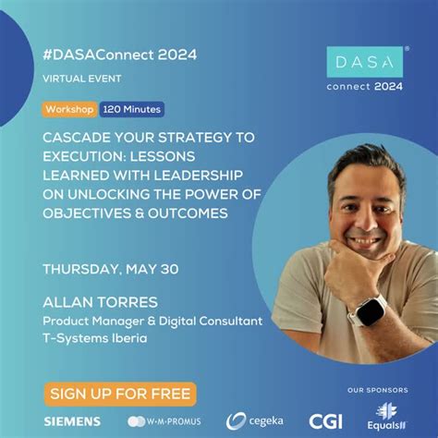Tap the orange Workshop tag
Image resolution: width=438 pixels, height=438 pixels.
pyautogui.click(x=69, y=109)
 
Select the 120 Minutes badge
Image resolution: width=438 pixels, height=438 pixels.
pyautogui.click(x=131, y=109)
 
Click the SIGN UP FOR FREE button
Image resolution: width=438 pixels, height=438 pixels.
pyautogui.click(x=119, y=394)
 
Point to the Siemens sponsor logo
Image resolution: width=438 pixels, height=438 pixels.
pyautogui.click(x=72, y=421)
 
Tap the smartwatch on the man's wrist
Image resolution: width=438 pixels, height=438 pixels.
pyautogui.click(x=372, y=310)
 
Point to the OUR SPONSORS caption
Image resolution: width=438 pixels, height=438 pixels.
pyautogui.click(x=378, y=388)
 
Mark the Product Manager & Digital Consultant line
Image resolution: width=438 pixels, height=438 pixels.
pyautogui.click(x=152, y=321)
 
